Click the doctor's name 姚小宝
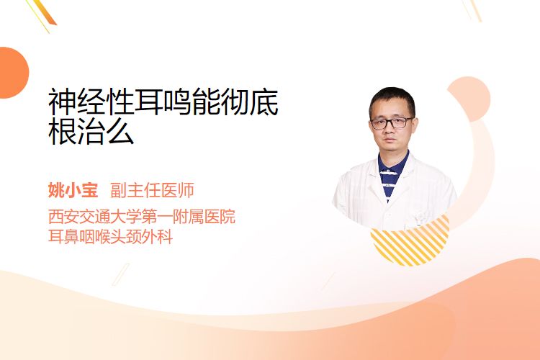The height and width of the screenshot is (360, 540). coord(73,191)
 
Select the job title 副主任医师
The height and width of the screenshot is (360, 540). coord(152,191)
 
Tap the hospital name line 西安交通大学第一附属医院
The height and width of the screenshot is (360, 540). coord(142,216)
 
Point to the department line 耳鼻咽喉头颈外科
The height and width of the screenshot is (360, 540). coord(111,236)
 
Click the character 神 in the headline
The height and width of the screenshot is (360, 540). coord(63,102)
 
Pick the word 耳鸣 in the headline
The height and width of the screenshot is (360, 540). coord(163,102)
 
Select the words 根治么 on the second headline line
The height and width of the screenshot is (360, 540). coord(91,131)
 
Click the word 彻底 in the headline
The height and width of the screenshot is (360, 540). coord(249,102)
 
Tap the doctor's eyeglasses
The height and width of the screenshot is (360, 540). coord(392,122)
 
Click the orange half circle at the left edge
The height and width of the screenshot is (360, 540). coord(13,73)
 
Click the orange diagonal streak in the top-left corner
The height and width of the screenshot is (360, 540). coord(44,13)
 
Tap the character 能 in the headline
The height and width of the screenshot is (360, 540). coord(206,102)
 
